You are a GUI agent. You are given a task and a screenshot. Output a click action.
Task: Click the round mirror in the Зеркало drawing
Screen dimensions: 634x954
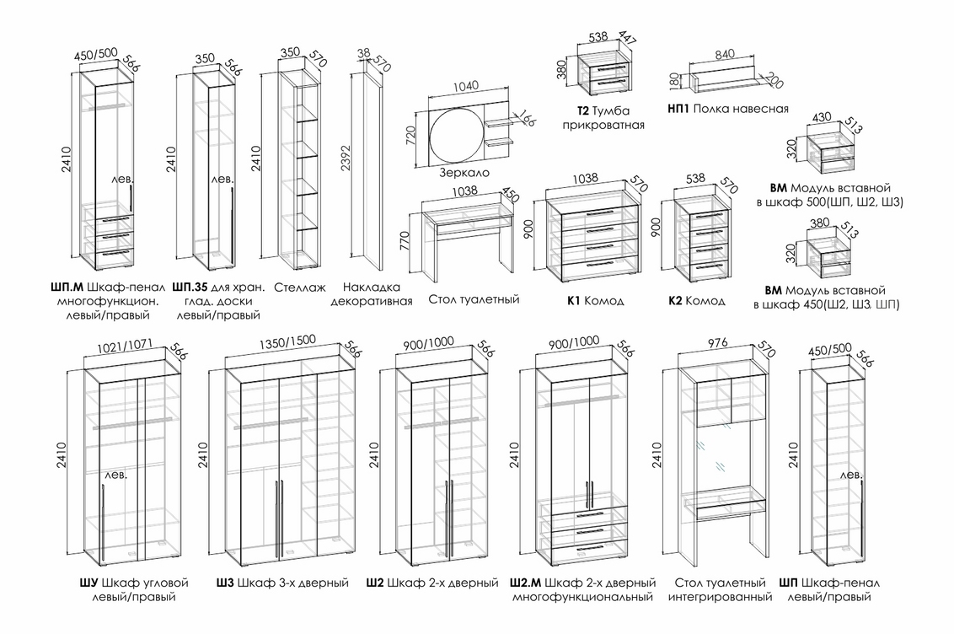(x=456, y=134)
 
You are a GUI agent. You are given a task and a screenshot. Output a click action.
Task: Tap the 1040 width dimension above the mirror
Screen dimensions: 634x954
(x=465, y=86)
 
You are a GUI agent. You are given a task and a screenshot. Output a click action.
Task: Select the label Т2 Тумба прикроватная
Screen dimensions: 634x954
(x=604, y=118)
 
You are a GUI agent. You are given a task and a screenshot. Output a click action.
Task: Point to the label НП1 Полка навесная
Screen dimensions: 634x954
(x=727, y=109)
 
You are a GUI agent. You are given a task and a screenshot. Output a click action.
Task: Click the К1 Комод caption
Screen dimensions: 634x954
(x=595, y=301)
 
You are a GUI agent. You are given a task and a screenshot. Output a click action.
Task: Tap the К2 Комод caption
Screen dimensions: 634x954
(x=697, y=301)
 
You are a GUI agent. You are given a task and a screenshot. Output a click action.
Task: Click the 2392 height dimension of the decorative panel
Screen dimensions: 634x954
(x=342, y=165)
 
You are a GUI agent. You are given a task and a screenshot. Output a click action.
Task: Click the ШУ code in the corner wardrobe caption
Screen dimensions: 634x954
(x=88, y=583)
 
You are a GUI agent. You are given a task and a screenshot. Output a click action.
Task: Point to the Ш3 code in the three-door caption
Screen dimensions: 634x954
(x=224, y=583)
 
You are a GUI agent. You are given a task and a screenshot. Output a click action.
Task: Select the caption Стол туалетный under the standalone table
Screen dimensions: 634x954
(x=474, y=299)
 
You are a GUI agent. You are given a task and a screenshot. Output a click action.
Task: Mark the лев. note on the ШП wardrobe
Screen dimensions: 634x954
(x=851, y=476)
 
